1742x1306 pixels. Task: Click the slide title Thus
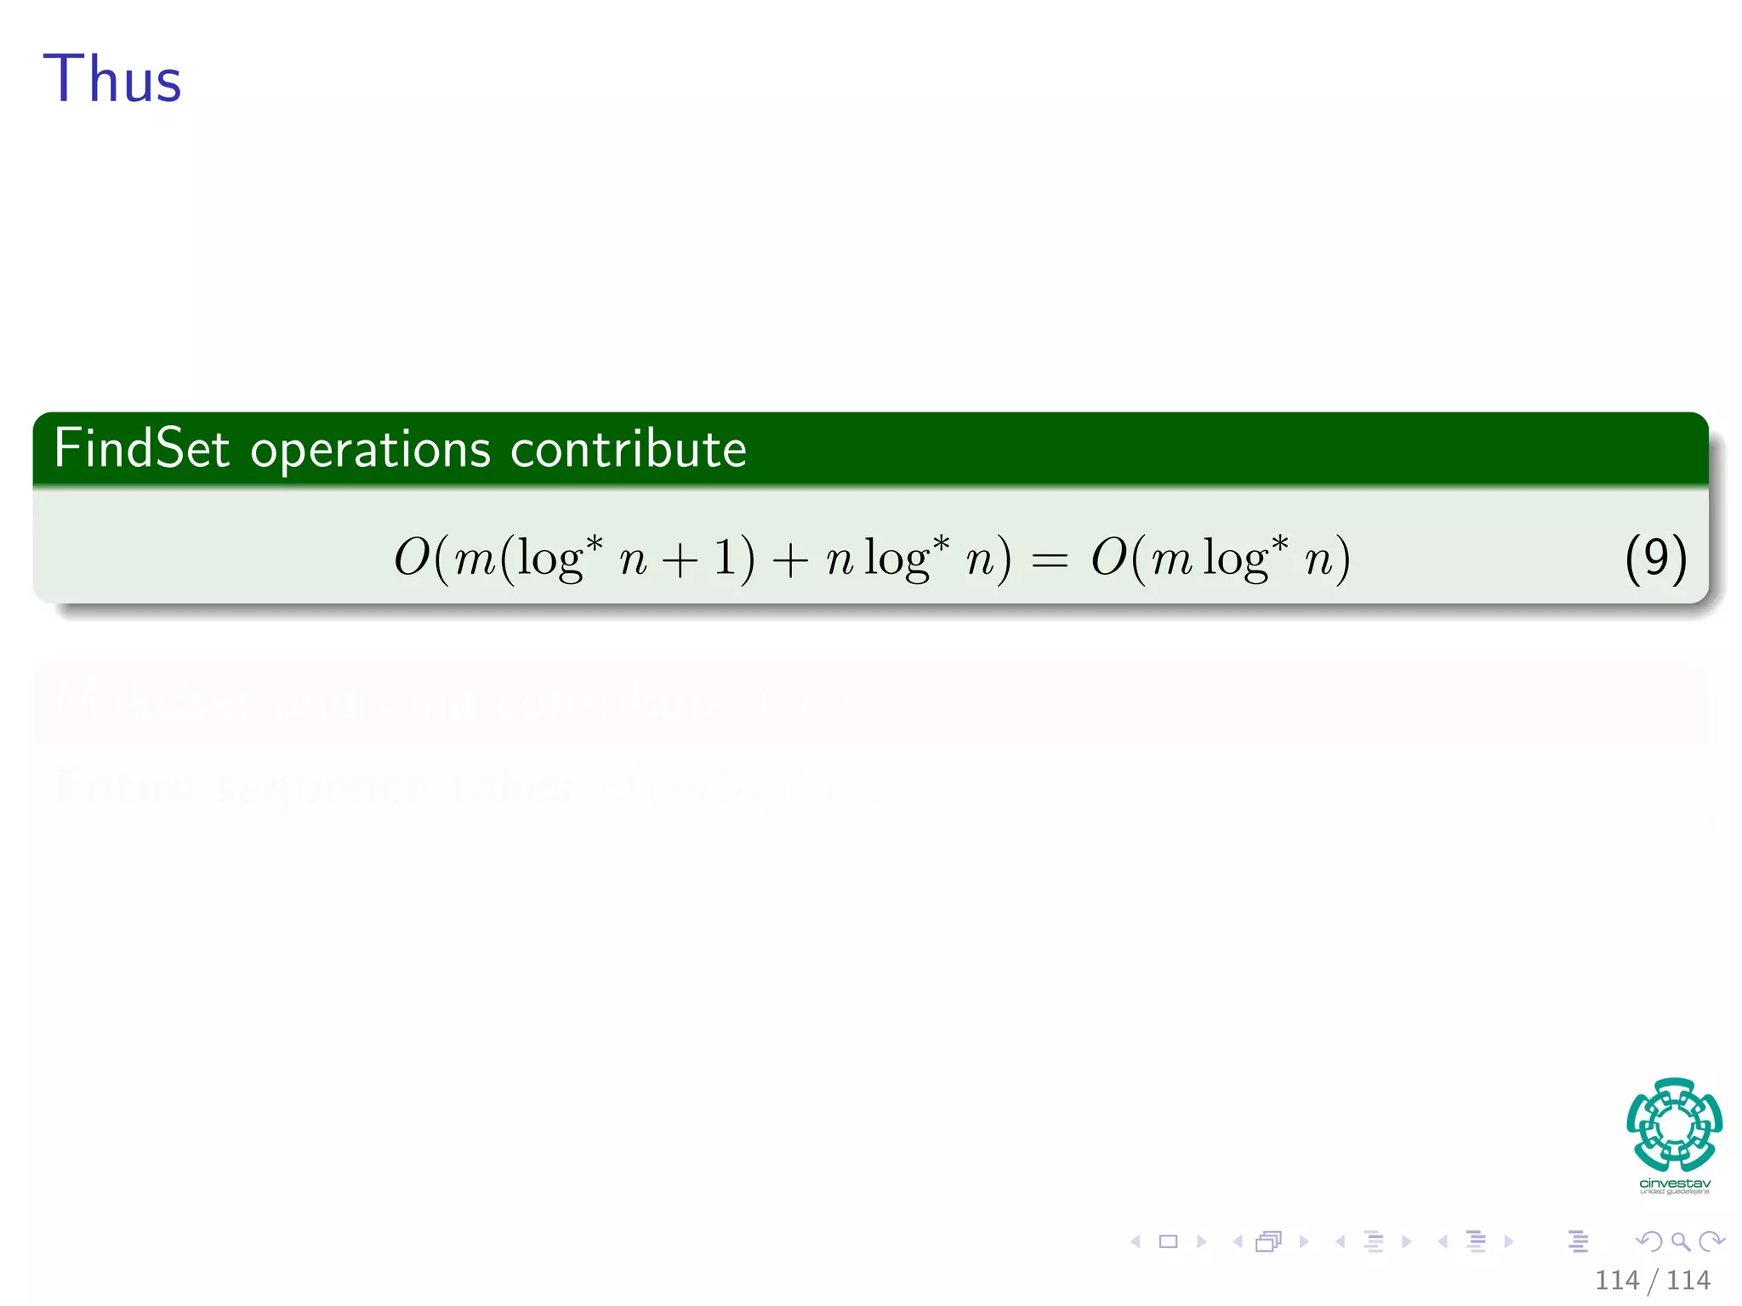[x=112, y=80]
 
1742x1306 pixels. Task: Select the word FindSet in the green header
[x=141, y=449]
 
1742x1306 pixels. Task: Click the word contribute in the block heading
[x=628, y=449]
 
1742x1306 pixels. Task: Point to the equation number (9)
[x=1654, y=559]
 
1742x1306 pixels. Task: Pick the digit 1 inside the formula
[x=726, y=559]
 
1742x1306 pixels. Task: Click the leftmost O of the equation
[x=412, y=559]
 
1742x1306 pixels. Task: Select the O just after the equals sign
[x=1109, y=559]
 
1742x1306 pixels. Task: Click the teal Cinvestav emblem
[x=1674, y=1124]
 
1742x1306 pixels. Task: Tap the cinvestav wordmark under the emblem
[x=1674, y=1184]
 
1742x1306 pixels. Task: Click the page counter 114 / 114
[x=1652, y=1280]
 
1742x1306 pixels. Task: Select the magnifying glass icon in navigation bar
[x=1680, y=1241]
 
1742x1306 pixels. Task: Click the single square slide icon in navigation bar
[x=1169, y=1241]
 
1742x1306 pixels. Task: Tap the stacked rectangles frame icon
[x=1268, y=1241]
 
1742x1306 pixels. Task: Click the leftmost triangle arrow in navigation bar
[x=1136, y=1241]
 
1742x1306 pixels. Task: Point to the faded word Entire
[x=126, y=787]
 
